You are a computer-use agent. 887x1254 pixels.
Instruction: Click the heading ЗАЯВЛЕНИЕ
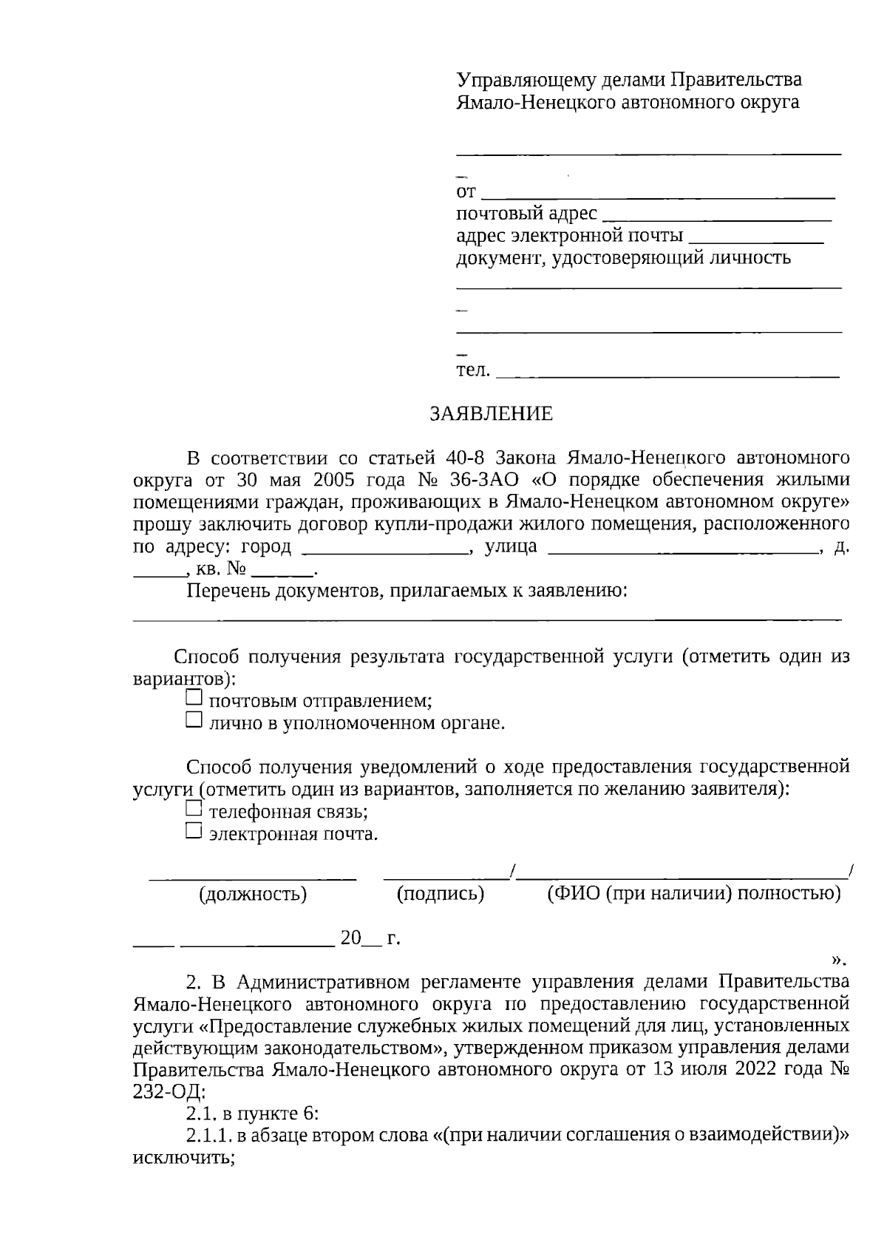pyautogui.click(x=491, y=414)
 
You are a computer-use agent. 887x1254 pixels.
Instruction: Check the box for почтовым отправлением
pyautogui.click(x=194, y=697)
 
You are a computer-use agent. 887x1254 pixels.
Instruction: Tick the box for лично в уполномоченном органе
pyautogui.click(x=194, y=719)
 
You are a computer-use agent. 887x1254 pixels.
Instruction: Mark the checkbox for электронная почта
pyautogui.click(x=194, y=832)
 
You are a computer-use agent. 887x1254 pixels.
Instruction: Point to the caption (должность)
pyautogui.click(x=253, y=895)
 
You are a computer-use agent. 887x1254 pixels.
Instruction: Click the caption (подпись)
pyautogui.click(x=441, y=895)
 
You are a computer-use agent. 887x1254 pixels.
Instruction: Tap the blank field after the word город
pyautogui.click(x=385, y=552)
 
